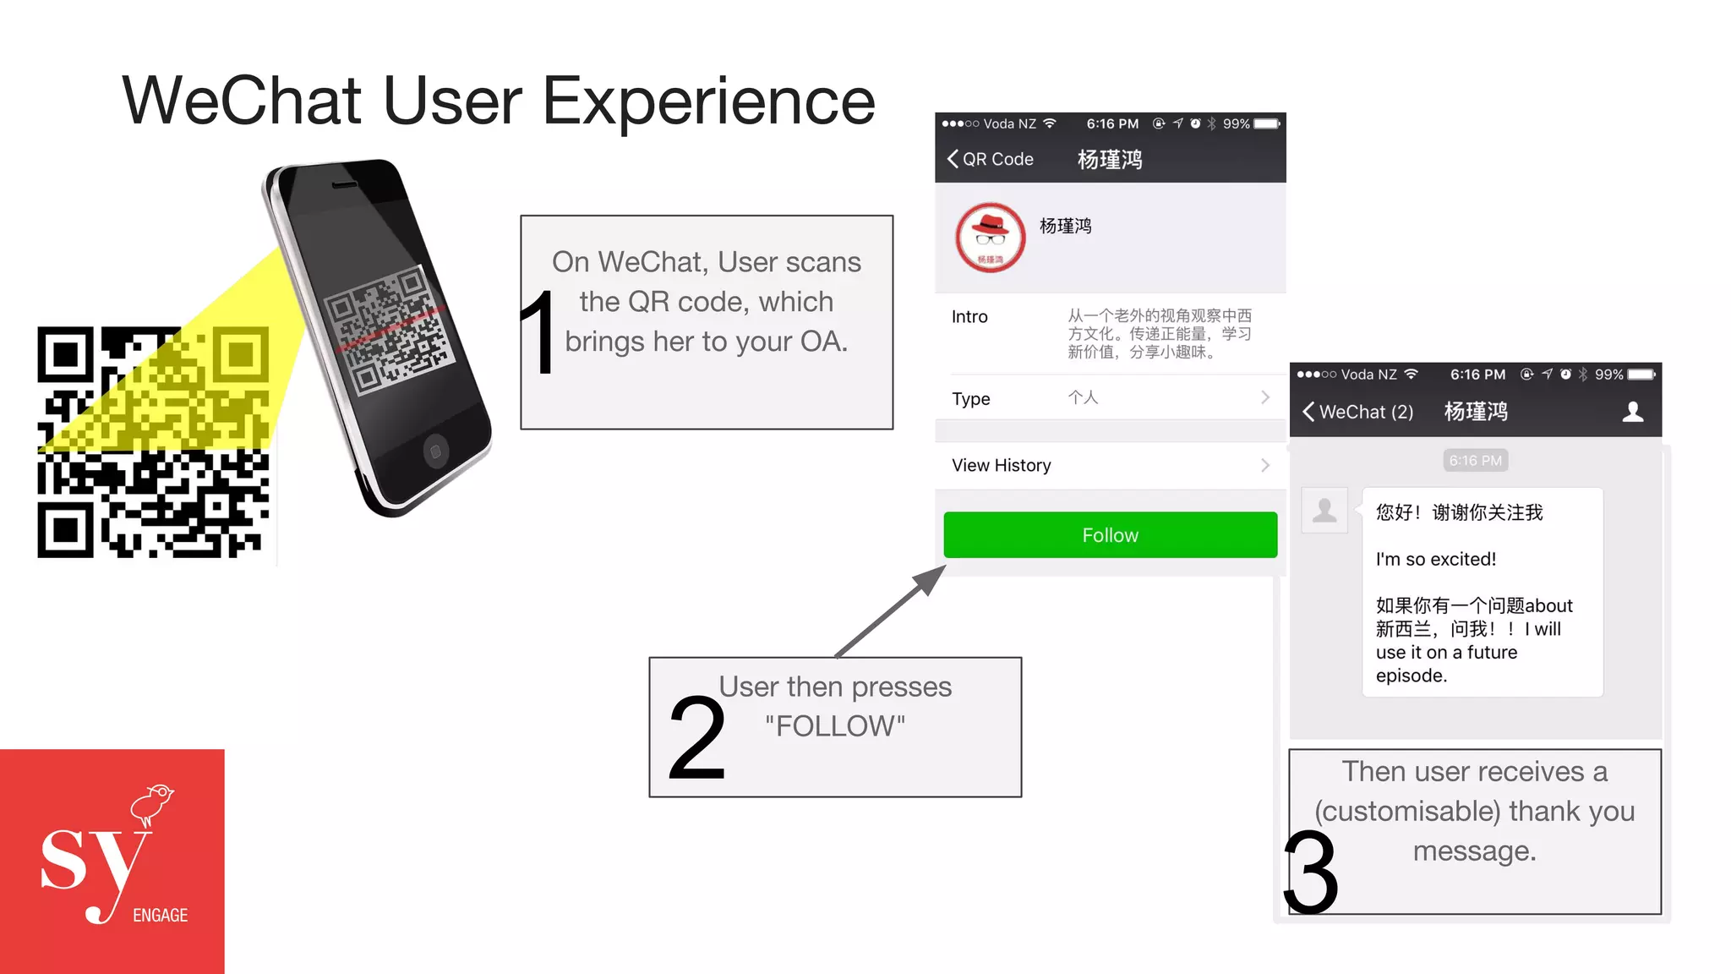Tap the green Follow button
pyautogui.click(x=1110, y=535)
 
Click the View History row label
pyautogui.click(x=1002, y=465)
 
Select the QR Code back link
pyautogui.click(x=991, y=159)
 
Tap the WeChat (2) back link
pyautogui.click(x=1358, y=412)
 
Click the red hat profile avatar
pyautogui.click(x=990, y=238)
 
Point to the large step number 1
pyautogui.click(x=538, y=331)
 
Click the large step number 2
pyautogui.click(x=697, y=738)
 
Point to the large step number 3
pyautogui.click(x=1311, y=872)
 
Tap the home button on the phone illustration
pyautogui.click(x=435, y=451)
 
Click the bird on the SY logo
pyautogui.click(x=152, y=802)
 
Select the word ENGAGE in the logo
pyautogui.click(x=160, y=915)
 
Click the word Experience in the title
pyautogui.click(x=708, y=101)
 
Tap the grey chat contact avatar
pyautogui.click(x=1324, y=510)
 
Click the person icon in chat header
pyautogui.click(x=1633, y=412)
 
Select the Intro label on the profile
pyautogui.click(x=969, y=316)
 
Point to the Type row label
pyautogui.click(x=970, y=398)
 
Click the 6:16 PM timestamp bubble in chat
pyautogui.click(x=1475, y=461)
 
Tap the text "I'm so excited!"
pyautogui.click(x=1435, y=559)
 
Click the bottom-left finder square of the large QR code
pyautogui.click(x=64, y=530)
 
